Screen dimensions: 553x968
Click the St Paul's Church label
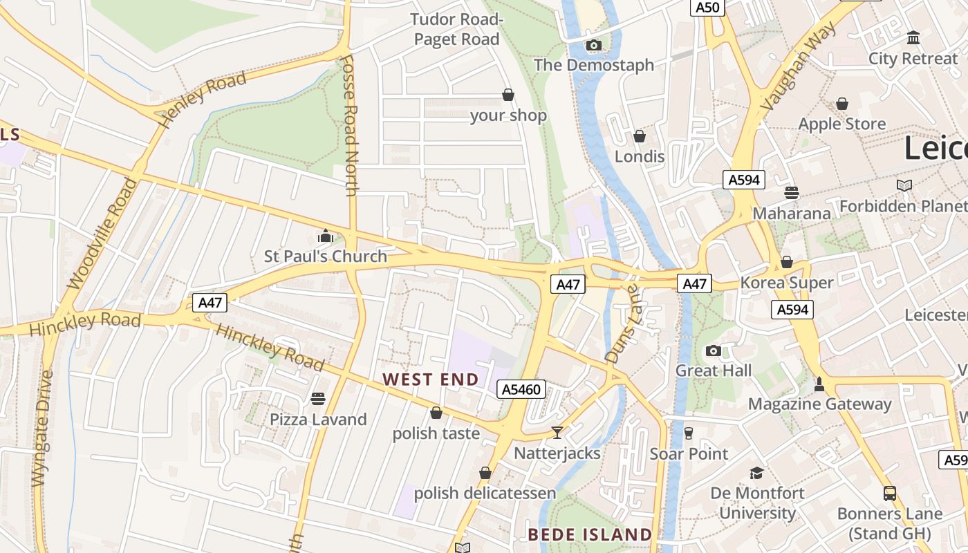(326, 256)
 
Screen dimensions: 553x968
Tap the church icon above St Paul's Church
(326, 236)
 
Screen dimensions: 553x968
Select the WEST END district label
(431, 379)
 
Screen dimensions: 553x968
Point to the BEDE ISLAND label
(590, 535)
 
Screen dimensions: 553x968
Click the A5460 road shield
(521, 390)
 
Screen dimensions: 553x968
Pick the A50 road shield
(707, 8)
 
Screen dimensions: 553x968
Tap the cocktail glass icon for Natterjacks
(557, 433)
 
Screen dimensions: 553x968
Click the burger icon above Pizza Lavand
(318, 399)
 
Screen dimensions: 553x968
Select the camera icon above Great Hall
(714, 350)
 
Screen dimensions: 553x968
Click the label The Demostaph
(593, 65)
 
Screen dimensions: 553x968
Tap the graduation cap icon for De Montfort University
(757, 473)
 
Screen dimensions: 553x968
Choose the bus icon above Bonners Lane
(890, 494)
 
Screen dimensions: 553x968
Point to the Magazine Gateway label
(819, 404)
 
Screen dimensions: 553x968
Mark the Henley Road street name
(202, 99)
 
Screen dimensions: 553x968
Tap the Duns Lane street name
(624, 326)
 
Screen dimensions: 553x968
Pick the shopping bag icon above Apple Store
(842, 104)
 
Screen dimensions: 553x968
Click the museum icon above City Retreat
(913, 38)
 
